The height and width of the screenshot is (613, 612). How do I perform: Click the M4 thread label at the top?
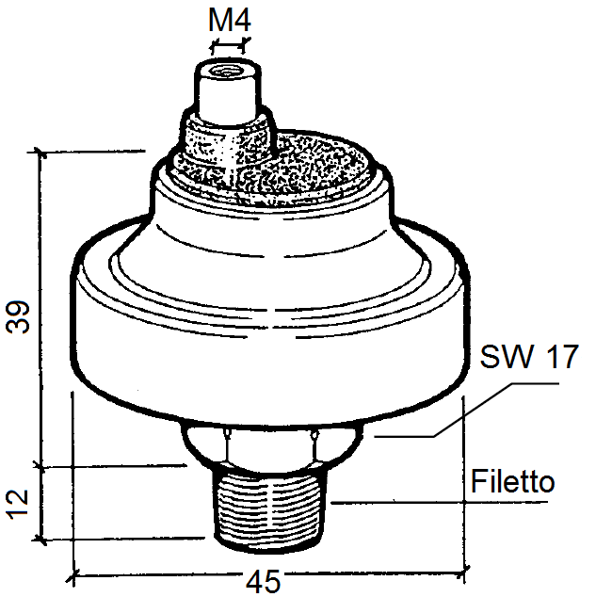(x=230, y=21)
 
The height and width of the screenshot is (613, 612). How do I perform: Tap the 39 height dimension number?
(x=18, y=316)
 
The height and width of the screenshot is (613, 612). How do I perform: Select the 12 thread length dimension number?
(x=18, y=505)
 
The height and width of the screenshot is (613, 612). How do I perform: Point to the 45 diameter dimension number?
(x=263, y=581)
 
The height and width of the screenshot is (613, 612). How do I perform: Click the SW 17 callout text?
(x=529, y=357)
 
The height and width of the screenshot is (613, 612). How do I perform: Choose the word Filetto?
(x=512, y=480)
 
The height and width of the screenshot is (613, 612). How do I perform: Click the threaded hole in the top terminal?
(x=227, y=73)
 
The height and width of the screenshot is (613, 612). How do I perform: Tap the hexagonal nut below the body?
(x=272, y=445)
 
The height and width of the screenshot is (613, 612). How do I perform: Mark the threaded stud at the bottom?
(x=269, y=508)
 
